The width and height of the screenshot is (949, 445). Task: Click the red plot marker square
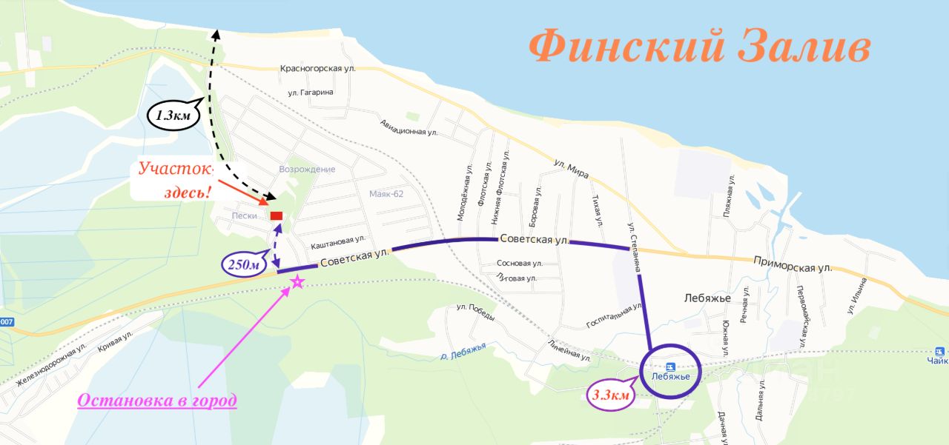click(x=277, y=215)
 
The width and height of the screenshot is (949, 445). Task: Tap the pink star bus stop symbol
click(x=297, y=281)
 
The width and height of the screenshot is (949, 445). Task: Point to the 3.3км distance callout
click(x=609, y=395)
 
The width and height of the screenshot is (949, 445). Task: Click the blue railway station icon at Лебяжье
click(x=670, y=366)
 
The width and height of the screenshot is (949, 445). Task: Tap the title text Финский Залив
click(x=700, y=47)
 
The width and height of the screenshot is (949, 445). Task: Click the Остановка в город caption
click(x=157, y=401)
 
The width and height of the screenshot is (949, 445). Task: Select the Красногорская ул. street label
click(x=317, y=69)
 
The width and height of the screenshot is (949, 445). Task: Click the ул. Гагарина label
click(x=311, y=93)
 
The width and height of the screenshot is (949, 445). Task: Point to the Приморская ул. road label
click(x=792, y=262)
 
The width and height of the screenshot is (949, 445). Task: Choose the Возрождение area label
click(x=307, y=170)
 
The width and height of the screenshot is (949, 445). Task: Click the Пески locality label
click(x=244, y=216)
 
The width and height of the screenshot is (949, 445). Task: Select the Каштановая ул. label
click(x=338, y=239)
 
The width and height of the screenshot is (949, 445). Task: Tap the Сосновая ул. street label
click(x=520, y=263)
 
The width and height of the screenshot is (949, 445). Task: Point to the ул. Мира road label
click(x=572, y=169)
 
